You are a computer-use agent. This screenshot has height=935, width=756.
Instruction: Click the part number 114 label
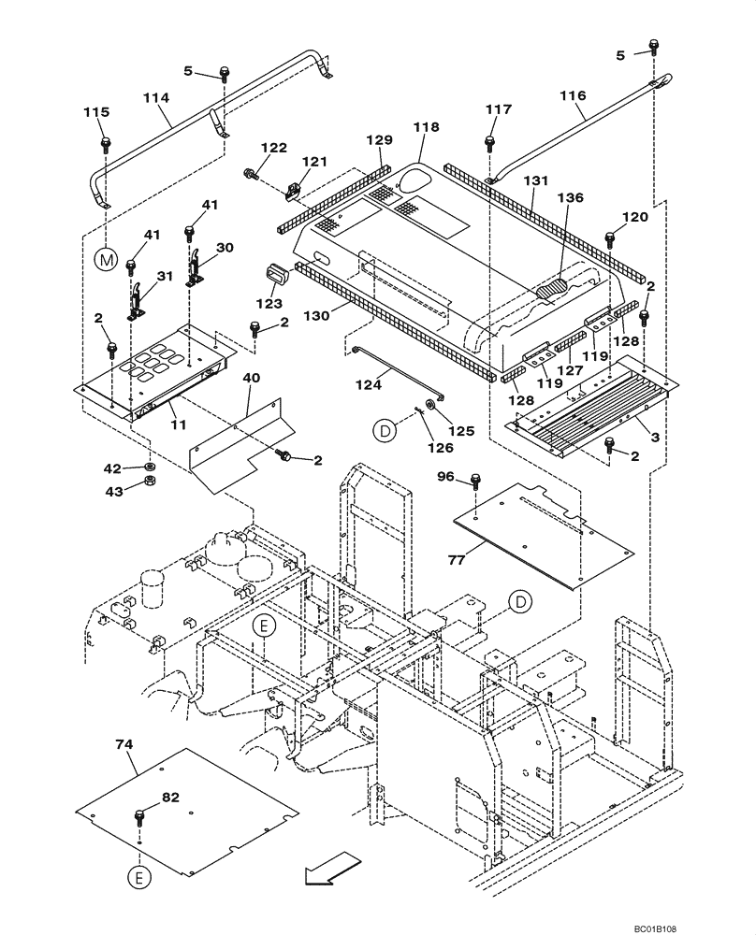point(156,97)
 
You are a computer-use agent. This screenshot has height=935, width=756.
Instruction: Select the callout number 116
point(572,95)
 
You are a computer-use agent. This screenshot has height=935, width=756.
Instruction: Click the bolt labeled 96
point(476,483)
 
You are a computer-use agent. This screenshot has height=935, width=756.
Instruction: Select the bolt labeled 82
point(141,815)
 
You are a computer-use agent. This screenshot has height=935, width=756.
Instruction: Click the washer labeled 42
point(149,466)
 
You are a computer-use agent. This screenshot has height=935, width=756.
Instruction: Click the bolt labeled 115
point(106,145)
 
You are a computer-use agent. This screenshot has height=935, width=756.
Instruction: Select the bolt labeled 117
point(489,143)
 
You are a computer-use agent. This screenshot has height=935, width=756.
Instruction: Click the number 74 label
point(124,744)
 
